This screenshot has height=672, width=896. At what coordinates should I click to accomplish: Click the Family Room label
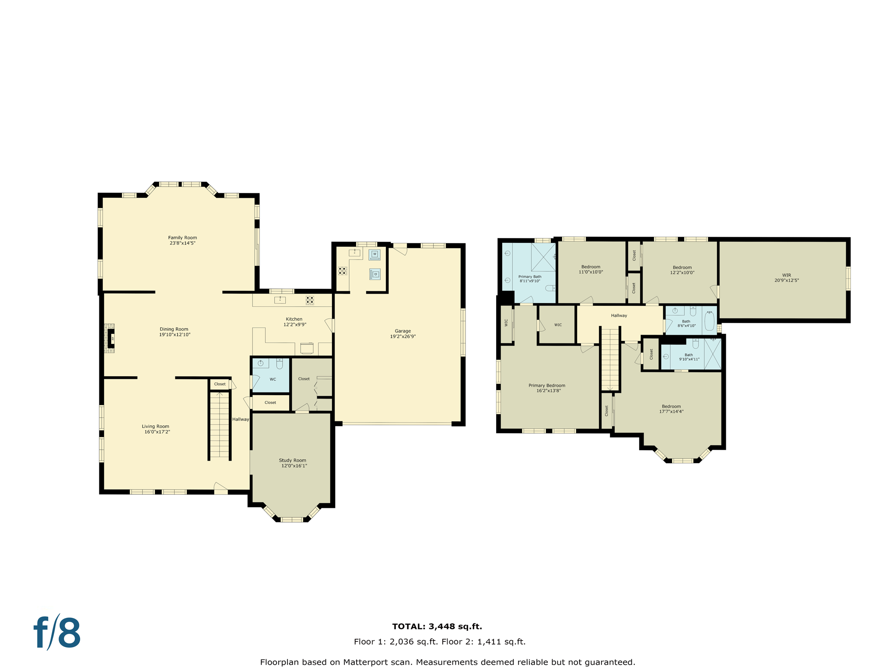(x=182, y=238)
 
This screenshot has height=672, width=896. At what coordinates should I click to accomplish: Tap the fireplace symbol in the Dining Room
(x=111, y=338)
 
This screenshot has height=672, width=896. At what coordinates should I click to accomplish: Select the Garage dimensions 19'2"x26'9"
(x=402, y=336)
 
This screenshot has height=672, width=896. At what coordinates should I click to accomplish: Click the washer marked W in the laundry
(x=374, y=254)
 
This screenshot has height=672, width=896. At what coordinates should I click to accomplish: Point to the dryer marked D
(x=375, y=274)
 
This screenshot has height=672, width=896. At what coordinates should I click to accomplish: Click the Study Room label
(x=292, y=460)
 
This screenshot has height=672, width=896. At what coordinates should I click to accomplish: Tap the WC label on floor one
(x=273, y=379)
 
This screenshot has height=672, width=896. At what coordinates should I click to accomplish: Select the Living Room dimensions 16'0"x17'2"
(x=157, y=432)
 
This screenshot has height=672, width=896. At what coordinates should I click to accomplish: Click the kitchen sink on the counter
(x=280, y=300)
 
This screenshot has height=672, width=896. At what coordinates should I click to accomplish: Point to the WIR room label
(x=786, y=275)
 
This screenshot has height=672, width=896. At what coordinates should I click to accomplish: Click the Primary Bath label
(x=529, y=276)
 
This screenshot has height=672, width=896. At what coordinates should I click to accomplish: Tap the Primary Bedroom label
(x=546, y=385)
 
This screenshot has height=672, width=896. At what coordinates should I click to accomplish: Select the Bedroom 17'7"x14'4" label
(x=671, y=406)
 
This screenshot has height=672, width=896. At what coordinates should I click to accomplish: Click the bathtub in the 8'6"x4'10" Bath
(x=709, y=322)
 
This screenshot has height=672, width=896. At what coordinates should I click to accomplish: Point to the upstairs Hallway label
(x=619, y=315)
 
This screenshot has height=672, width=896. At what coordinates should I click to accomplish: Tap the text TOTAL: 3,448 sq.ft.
(x=437, y=626)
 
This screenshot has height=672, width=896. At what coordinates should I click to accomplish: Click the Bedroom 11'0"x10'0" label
(x=591, y=267)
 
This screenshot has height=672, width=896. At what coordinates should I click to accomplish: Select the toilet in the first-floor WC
(x=280, y=364)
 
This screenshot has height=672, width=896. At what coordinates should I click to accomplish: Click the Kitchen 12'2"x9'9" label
(x=294, y=319)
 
